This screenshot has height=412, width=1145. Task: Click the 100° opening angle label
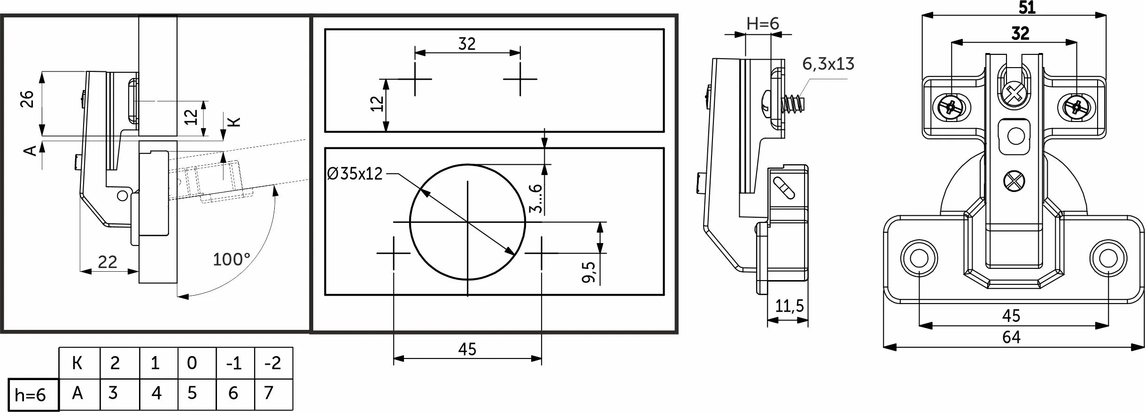(x=231, y=259)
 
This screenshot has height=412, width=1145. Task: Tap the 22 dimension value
(x=107, y=262)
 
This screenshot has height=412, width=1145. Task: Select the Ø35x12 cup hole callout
(x=355, y=174)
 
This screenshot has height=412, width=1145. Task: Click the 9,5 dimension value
(x=589, y=272)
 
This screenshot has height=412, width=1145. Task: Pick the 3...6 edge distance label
(x=536, y=198)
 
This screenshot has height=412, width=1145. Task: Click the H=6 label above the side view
(x=763, y=23)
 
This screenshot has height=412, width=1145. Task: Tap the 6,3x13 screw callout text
(x=828, y=64)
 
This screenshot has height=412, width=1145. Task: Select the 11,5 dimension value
(x=789, y=306)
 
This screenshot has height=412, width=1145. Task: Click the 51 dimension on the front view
(x=1027, y=8)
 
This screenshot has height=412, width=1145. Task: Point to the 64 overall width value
(x=1011, y=337)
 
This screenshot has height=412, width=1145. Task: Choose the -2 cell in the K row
(x=273, y=363)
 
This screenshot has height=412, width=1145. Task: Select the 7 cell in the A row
(x=269, y=392)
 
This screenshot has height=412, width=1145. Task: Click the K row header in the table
(x=77, y=363)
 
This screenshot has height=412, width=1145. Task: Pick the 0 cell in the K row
(x=192, y=363)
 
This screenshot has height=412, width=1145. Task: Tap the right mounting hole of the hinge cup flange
(x=1107, y=258)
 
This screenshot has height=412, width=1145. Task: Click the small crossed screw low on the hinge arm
(x=1014, y=181)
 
